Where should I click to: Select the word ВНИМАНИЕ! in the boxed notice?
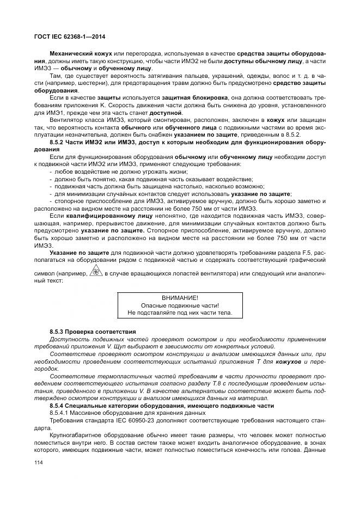point(180,298)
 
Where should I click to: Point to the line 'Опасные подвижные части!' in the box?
point(180,305)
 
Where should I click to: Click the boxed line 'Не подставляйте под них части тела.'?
point(180,313)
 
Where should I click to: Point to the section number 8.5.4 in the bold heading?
point(57,406)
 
